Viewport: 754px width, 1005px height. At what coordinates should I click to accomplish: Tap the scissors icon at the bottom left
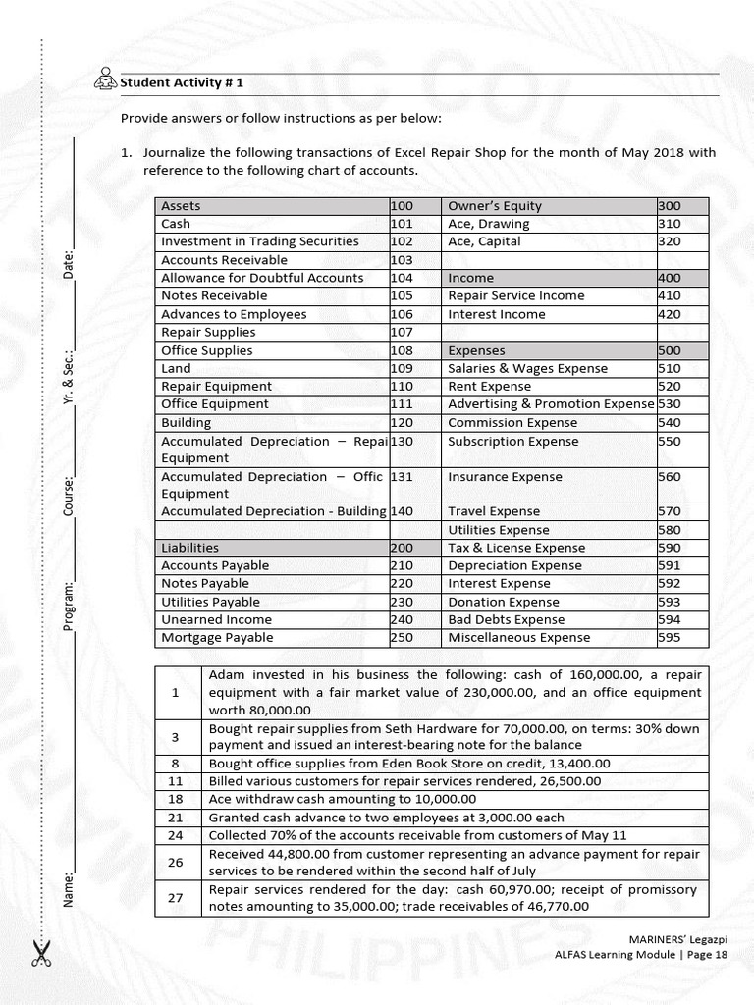pyautogui.click(x=41, y=953)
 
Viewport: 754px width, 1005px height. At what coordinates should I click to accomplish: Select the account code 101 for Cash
pyautogui.click(x=401, y=224)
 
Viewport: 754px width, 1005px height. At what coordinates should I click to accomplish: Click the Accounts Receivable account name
pyautogui.click(x=224, y=260)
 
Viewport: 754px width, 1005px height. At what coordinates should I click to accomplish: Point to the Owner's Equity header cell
pyautogui.click(x=494, y=206)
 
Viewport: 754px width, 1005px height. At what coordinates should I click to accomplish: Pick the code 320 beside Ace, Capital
pyautogui.click(x=669, y=241)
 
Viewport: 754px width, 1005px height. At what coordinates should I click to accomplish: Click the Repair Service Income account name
pyautogui.click(x=515, y=295)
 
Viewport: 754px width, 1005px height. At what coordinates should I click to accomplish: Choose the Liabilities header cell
pyautogui.click(x=189, y=548)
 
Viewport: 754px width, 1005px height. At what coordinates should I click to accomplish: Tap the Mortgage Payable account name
pyautogui.click(x=217, y=637)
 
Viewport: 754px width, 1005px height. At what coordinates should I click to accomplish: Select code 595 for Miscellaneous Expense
pyautogui.click(x=669, y=637)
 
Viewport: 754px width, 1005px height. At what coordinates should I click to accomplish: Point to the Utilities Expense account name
pyautogui.click(x=498, y=530)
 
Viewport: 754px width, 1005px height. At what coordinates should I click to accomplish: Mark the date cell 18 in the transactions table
pyautogui.click(x=177, y=800)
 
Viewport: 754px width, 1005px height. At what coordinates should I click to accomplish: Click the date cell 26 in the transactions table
pyautogui.click(x=177, y=863)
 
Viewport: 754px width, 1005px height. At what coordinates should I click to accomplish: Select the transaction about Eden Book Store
pyautogui.click(x=409, y=763)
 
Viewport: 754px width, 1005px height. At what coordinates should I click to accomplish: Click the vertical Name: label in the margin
pyautogui.click(x=70, y=888)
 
